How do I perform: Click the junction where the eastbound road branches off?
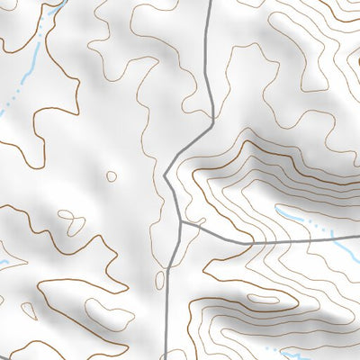pyautogui.click(x=181, y=222)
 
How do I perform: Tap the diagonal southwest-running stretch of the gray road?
pyautogui.click(x=190, y=145)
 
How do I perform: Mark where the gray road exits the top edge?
pyautogui.click(x=210, y=2)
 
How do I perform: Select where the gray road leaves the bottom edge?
pyautogui.click(x=167, y=357)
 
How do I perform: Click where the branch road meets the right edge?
pyautogui.click(x=357, y=239)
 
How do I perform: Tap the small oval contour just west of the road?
pyautogui.click(x=159, y=281)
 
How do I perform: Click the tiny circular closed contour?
pyautogui.click(x=111, y=176)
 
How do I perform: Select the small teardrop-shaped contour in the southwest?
pyautogui.click(x=28, y=310)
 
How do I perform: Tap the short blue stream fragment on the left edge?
pyautogui.click(x=4, y=263)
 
